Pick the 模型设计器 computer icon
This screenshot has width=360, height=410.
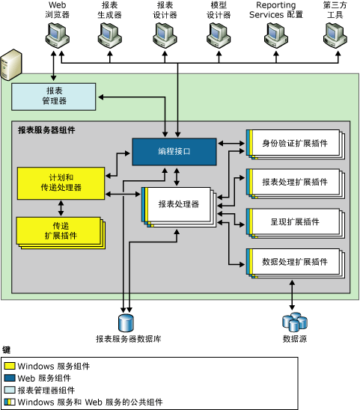[x=219, y=34]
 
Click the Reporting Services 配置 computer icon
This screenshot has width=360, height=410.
[x=273, y=34]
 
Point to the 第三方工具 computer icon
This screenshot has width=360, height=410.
[x=330, y=34]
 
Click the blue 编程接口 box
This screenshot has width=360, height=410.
[x=175, y=151]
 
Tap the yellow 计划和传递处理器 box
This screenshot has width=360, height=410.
[x=59, y=183]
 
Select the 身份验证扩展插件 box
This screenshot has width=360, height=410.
[x=293, y=142]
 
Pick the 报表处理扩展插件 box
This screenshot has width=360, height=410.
[x=293, y=182]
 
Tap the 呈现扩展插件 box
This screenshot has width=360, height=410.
[x=293, y=221]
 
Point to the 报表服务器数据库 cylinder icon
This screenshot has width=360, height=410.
[x=125, y=322]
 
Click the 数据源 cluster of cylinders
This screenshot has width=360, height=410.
[x=293, y=322]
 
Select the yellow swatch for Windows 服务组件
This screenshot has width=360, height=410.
[x=10, y=367]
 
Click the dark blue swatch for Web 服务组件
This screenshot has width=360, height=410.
[x=10, y=379]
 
